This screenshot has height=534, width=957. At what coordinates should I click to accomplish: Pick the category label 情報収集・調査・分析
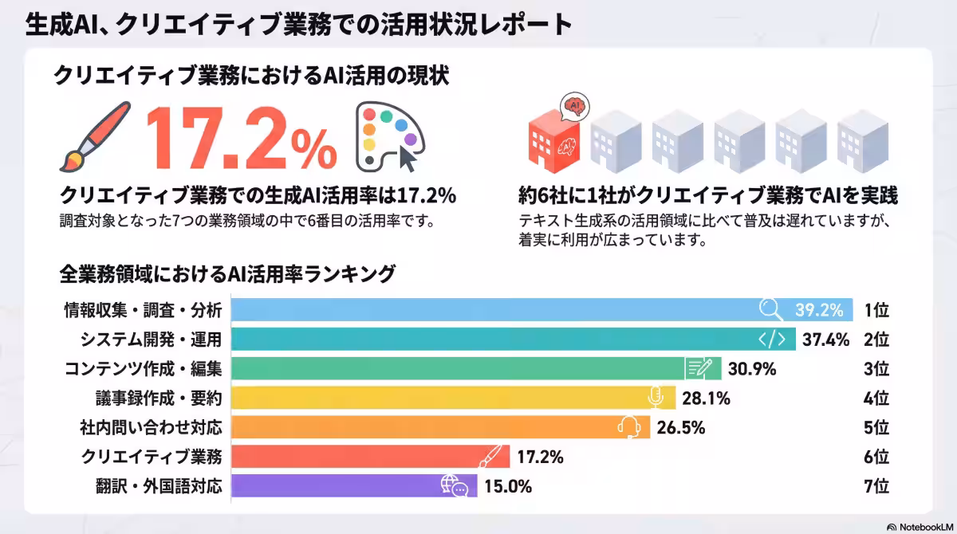click(143, 310)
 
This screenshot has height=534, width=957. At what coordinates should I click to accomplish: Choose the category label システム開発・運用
click(151, 340)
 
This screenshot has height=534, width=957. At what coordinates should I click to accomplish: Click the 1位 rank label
click(876, 310)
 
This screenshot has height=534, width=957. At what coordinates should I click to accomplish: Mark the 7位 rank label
click(876, 485)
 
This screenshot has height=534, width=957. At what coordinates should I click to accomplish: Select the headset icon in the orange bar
click(628, 427)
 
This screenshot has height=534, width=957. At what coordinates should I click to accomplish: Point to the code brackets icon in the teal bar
click(771, 340)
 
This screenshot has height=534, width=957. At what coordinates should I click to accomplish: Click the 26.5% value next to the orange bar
click(681, 427)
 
